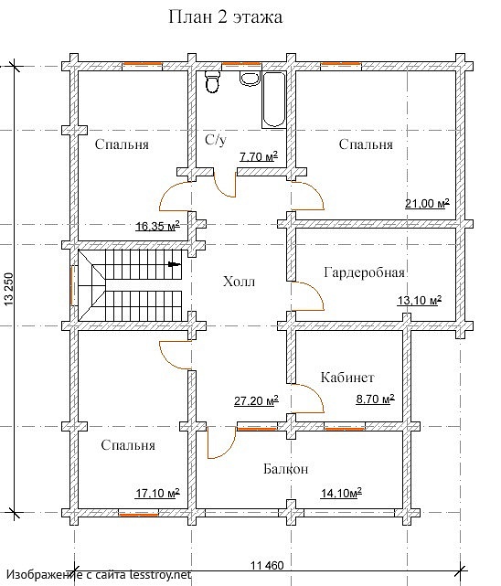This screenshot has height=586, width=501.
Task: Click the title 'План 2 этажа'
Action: tap(225, 16)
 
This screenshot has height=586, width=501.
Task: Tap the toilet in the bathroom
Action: tap(213, 82)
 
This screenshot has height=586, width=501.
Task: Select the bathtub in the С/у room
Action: tap(274, 100)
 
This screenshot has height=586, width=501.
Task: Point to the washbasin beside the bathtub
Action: tap(250, 78)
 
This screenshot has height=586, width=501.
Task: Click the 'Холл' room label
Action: tap(240, 281)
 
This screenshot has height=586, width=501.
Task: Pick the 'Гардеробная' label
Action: tap(364, 272)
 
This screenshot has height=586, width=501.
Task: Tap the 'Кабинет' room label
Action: tap(347, 377)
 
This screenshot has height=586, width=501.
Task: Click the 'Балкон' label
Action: tap(286, 469)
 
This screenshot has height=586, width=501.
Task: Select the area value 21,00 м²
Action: tap(427, 204)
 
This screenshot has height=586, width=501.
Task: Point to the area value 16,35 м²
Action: tap(157, 226)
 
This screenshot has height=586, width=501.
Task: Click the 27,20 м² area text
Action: tap(256, 401)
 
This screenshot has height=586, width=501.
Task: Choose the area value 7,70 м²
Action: tap(259, 156)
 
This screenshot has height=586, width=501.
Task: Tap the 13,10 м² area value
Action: tap(420, 300)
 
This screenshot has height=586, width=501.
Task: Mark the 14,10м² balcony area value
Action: tap(341, 493)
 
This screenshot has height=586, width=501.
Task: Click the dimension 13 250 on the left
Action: tap(8, 289)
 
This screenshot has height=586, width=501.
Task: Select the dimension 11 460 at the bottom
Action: tap(267, 566)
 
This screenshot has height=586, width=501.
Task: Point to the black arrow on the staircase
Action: tap(175, 264)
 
